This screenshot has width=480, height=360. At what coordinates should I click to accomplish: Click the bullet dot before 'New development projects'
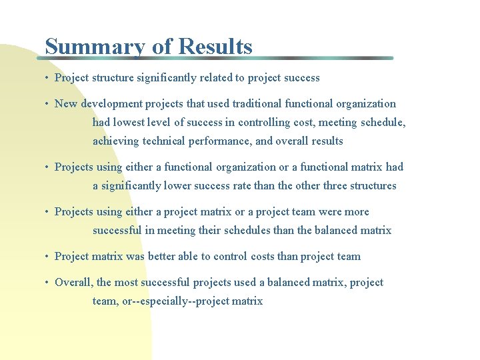point(47,104)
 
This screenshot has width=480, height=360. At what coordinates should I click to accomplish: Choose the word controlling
point(266,123)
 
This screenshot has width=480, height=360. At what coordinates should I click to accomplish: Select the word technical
point(168,141)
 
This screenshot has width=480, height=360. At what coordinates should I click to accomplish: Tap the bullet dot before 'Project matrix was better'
point(47,257)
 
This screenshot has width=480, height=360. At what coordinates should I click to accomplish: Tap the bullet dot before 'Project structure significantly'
point(47,78)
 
